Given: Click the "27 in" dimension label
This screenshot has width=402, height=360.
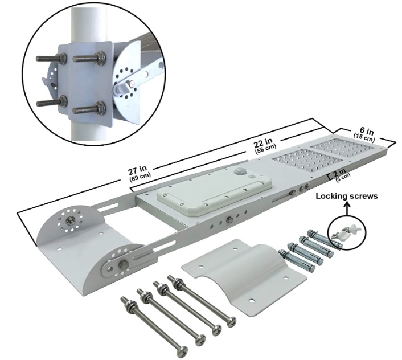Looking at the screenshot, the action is coord(137,170).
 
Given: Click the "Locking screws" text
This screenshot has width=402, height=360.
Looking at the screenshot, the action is coord(347,196).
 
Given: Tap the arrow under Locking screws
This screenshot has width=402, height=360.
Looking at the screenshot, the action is coord(347,208).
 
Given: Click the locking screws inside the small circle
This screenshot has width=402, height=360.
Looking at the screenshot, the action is coord(347,232).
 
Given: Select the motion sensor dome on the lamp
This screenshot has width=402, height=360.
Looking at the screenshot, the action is coord(240,171).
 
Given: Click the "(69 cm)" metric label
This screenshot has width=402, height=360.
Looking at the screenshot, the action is coord(140,177).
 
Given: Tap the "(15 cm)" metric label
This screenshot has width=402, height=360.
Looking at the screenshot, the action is coord(364,137).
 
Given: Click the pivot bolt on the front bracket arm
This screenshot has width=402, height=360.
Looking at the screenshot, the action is coord(124,264).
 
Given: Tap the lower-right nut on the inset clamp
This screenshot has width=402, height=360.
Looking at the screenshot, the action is coord(99,107).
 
